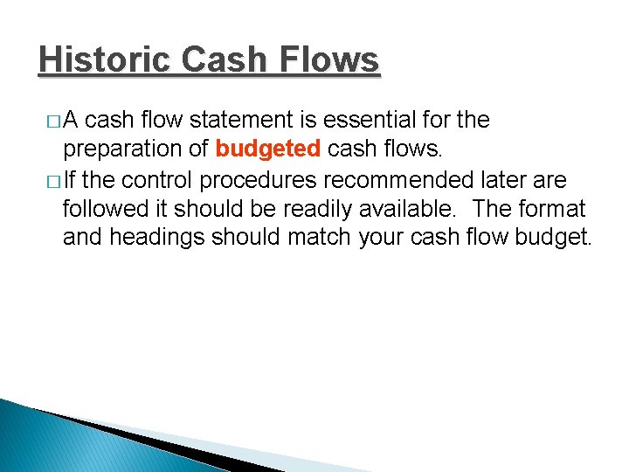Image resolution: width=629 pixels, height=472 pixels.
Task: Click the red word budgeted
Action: [x=267, y=149]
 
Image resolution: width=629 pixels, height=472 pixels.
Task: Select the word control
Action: [x=161, y=181]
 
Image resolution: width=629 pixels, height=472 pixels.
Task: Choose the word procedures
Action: [x=255, y=181]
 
